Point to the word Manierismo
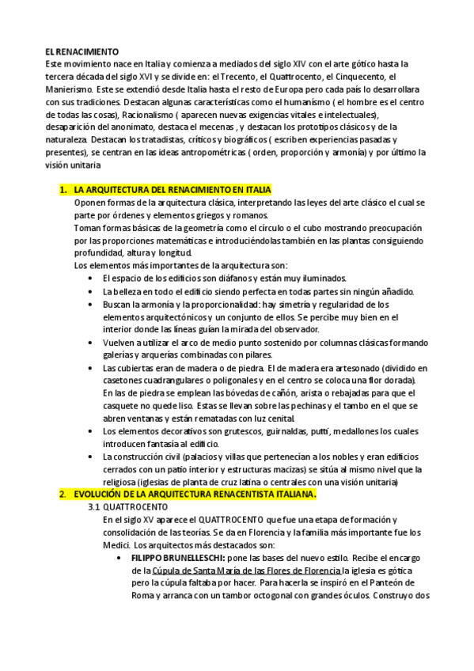[70, 90]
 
